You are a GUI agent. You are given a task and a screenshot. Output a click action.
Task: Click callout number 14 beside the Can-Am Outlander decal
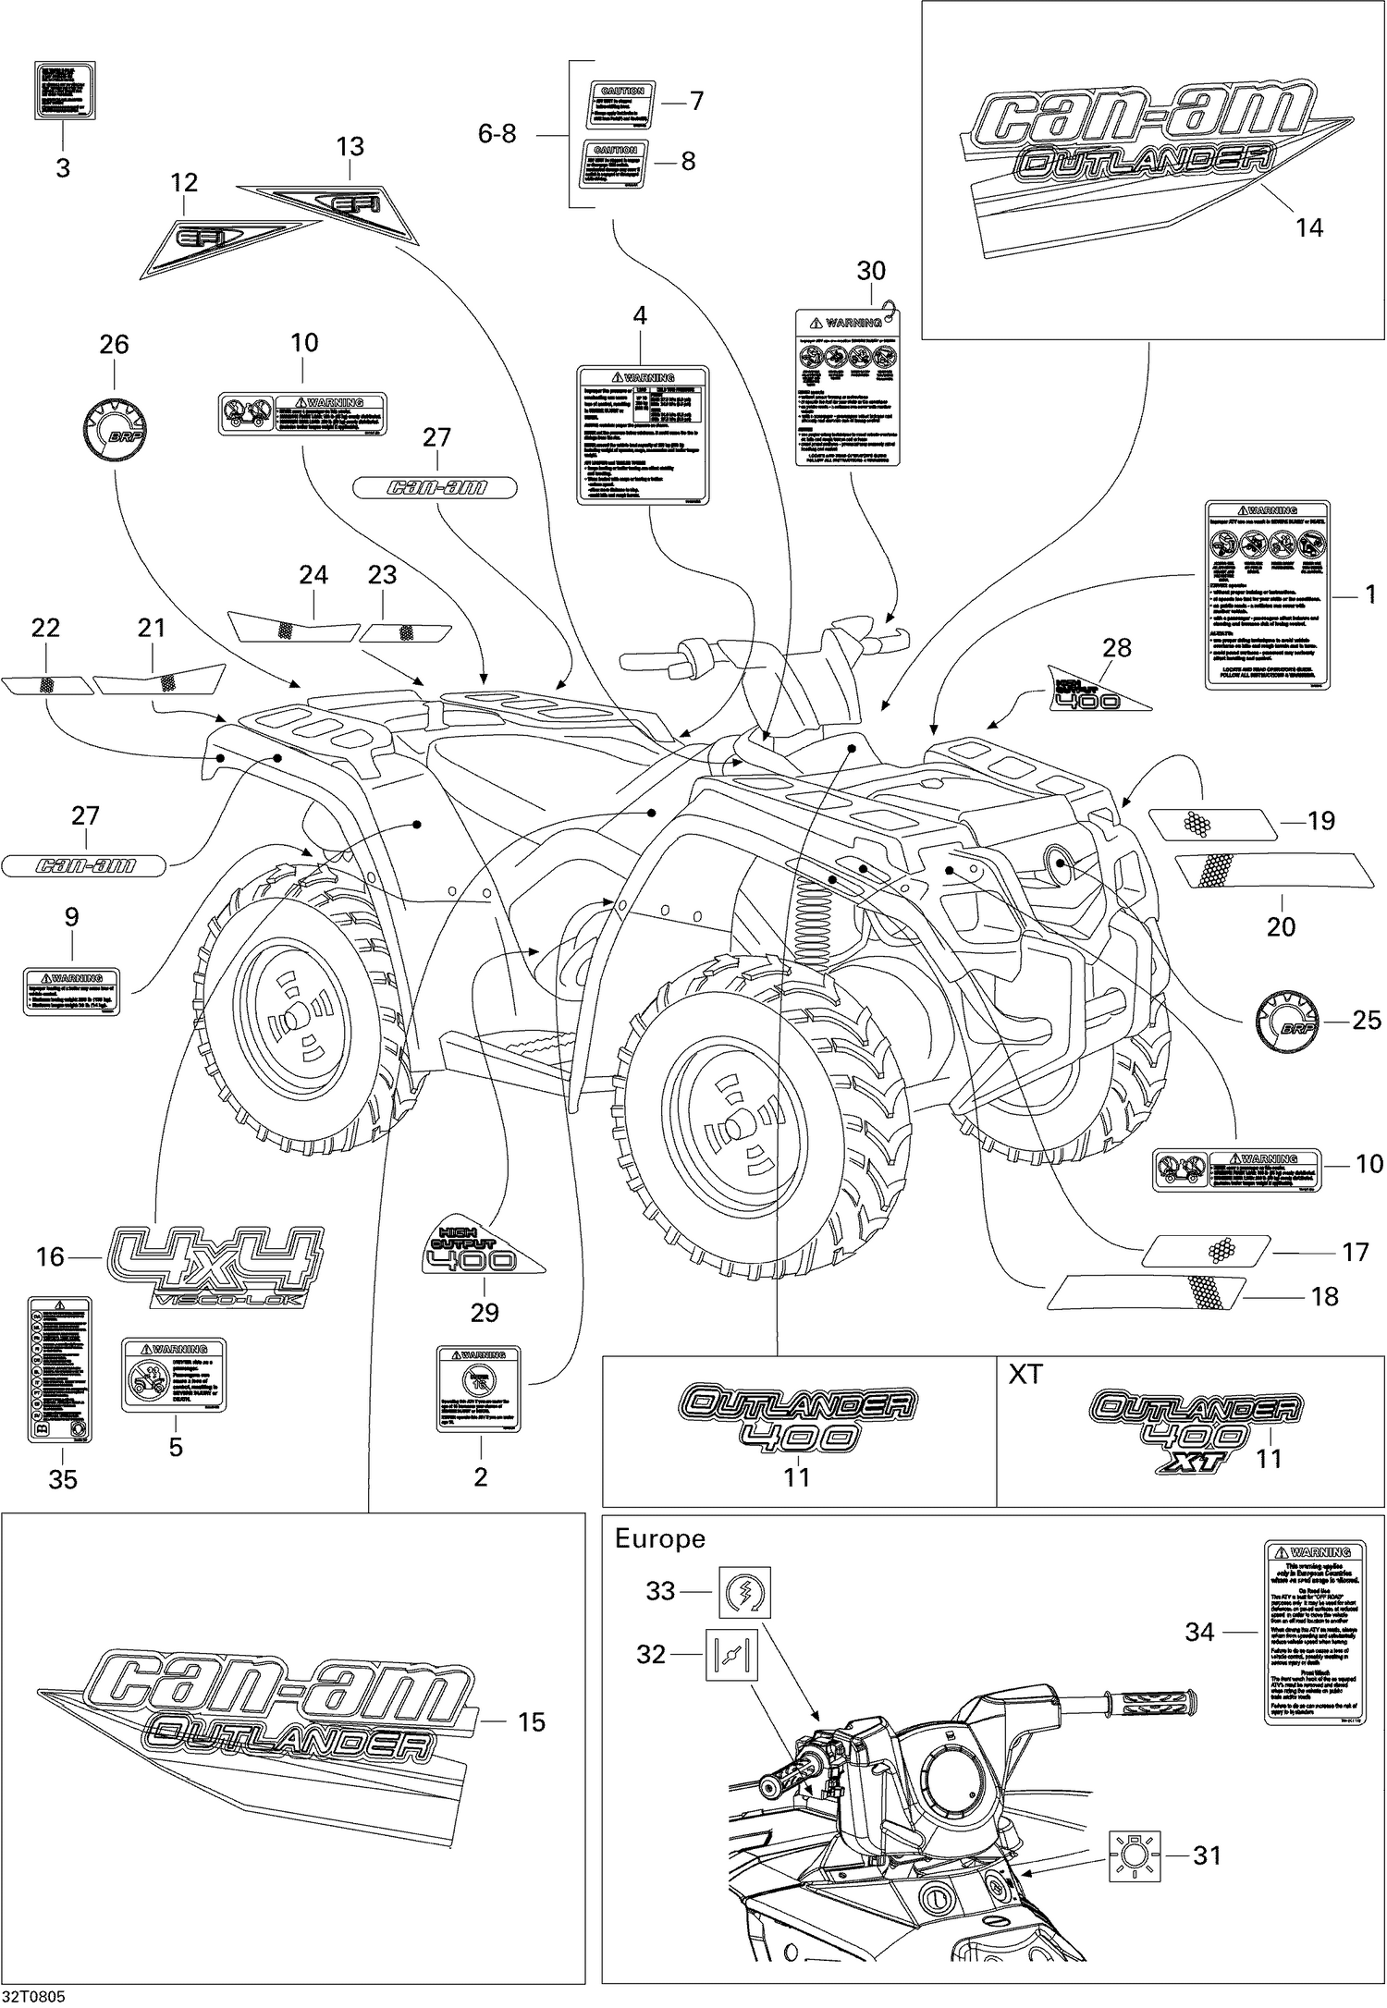1309,227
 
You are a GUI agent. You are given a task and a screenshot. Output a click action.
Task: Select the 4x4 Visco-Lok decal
216,1265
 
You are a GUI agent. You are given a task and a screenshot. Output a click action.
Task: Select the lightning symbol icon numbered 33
744,1591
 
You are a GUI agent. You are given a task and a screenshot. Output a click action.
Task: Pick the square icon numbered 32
732,1654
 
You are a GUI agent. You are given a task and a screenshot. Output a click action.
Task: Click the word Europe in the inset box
659,1539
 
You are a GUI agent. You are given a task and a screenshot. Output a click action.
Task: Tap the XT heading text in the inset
1025,1375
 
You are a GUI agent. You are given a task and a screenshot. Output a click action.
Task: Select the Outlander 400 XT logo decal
1195,1432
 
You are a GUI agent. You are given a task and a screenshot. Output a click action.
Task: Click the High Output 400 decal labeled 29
481,1249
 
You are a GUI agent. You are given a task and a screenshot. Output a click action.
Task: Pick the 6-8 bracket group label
497,134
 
